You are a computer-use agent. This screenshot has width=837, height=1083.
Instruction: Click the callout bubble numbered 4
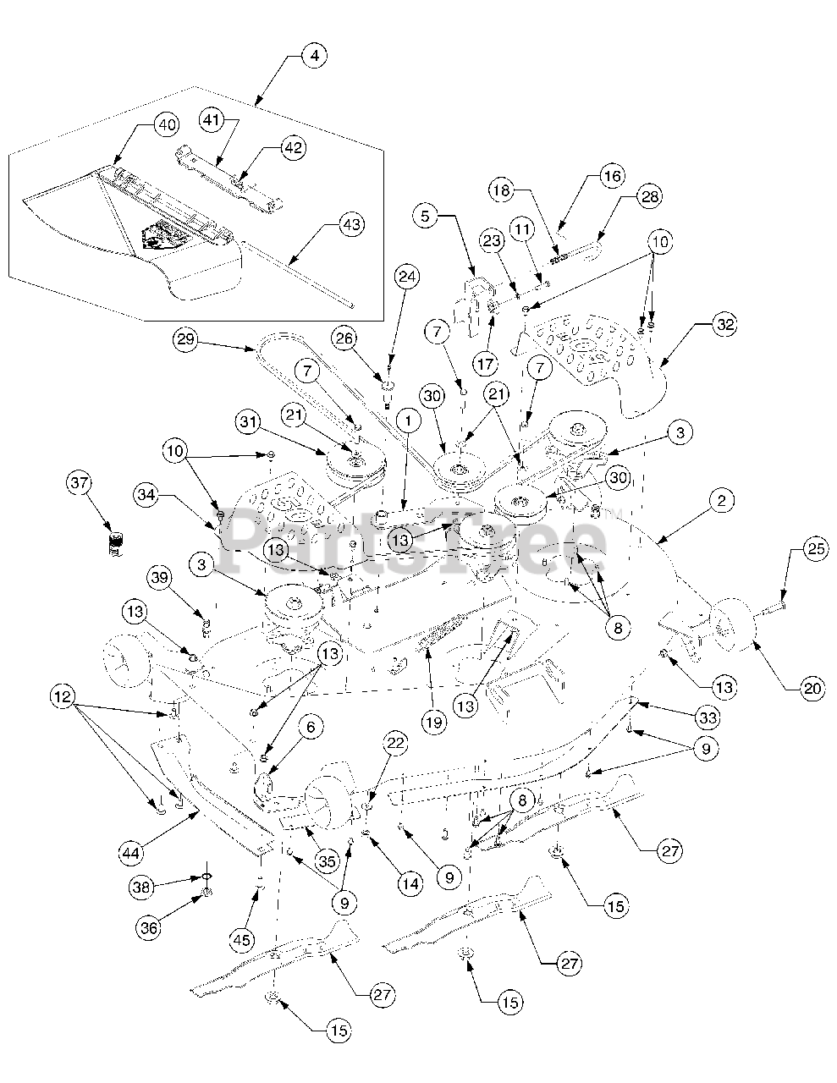click(x=314, y=57)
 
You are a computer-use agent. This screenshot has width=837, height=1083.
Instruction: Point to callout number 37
click(x=79, y=483)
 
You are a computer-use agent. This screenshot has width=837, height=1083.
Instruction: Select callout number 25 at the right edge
click(x=815, y=550)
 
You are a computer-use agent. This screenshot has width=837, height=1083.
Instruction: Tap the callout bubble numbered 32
click(x=724, y=324)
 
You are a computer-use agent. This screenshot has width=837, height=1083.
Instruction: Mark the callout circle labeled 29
click(x=186, y=340)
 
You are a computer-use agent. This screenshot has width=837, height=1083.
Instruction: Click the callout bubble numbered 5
click(x=426, y=216)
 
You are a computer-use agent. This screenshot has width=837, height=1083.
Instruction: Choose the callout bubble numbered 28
click(x=650, y=196)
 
